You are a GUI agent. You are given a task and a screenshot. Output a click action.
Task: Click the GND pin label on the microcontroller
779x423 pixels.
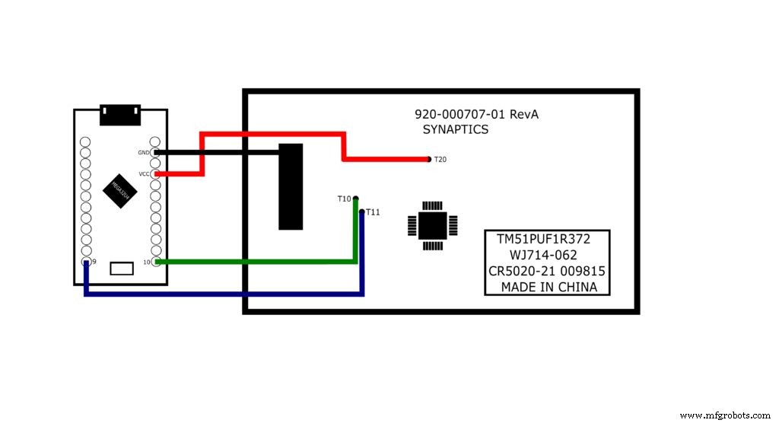click(x=144, y=152)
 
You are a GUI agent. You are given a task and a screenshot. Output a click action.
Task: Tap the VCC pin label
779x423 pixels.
click(x=144, y=174)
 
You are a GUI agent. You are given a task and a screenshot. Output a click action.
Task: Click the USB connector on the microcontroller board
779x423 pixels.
click(x=120, y=114)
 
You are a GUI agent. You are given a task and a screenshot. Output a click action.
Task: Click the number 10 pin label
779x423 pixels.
click(x=147, y=262)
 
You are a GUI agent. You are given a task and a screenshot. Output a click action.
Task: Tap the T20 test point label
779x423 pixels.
click(x=440, y=160)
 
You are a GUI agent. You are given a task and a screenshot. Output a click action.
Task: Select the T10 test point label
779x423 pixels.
click(x=345, y=199)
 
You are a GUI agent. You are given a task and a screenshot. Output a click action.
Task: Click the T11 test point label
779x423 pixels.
click(x=373, y=212)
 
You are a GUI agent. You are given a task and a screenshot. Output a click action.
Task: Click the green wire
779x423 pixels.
click(x=259, y=262)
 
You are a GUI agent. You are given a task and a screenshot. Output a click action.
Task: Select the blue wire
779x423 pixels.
click(x=228, y=293)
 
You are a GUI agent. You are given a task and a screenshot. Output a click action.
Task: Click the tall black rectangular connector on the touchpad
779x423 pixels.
click(x=291, y=186)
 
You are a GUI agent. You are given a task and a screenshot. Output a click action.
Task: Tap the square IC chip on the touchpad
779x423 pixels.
click(x=433, y=224)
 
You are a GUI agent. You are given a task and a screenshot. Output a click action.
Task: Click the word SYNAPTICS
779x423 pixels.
click(x=456, y=130)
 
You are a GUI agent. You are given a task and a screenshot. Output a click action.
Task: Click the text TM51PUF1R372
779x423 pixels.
click(x=544, y=238)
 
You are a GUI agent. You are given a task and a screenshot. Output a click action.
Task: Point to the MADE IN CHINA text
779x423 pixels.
click(x=548, y=288)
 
